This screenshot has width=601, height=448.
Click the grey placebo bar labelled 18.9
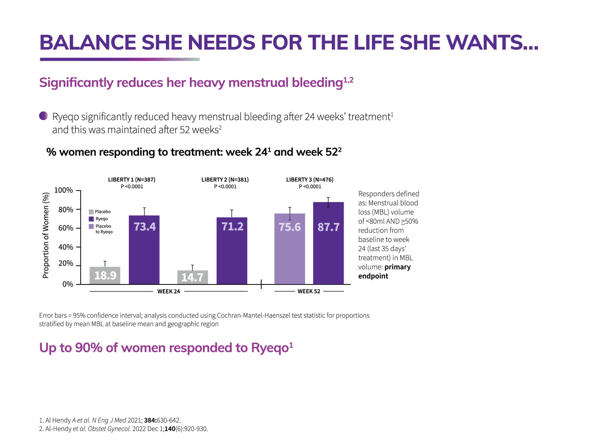(x=105, y=275)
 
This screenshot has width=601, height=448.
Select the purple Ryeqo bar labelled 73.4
(x=144, y=250)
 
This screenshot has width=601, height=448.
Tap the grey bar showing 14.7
(x=193, y=277)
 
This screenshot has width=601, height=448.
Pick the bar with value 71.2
(x=232, y=251)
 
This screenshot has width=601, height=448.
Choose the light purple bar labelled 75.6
(x=290, y=249)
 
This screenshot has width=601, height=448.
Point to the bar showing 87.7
(x=328, y=243)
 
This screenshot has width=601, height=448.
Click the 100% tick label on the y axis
(x=63, y=190)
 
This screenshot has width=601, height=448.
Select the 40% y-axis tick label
(x=66, y=247)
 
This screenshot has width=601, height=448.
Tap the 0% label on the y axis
(x=68, y=284)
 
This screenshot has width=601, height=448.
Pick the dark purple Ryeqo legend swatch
(x=91, y=219)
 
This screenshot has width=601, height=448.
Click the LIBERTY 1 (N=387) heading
(x=132, y=180)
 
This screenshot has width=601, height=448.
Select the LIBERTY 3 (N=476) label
(x=310, y=180)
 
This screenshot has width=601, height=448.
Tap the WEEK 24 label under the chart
(x=169, y=291)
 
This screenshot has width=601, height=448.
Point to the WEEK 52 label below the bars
(x=309, y=291)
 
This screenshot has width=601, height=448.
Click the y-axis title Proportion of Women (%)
(x=46, y=235)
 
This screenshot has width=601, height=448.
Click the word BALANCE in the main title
(x=88, y=43)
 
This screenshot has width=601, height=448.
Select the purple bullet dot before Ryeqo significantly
(x=43, y=116)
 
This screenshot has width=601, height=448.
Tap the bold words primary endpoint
(x=384, y=272)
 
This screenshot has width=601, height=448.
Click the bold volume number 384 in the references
(x=150, y=420)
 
